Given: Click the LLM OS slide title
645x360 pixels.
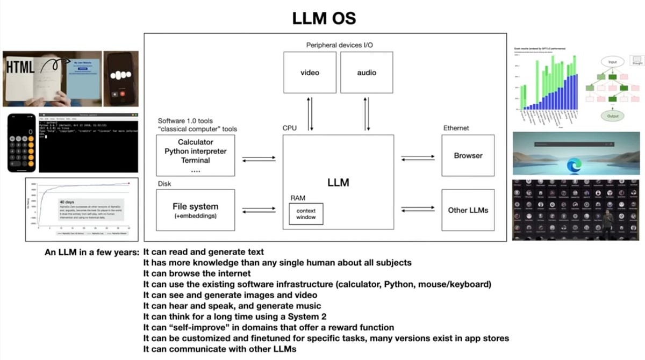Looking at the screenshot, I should pos(324,18).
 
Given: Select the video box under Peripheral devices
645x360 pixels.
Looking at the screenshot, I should pos(310,72).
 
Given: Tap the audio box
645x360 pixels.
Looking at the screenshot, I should pos(367,72).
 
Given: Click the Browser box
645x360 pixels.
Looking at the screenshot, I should pos(468,155).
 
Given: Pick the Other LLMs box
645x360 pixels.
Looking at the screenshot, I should pos(468,210).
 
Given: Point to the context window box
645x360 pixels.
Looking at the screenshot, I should pos(306,214).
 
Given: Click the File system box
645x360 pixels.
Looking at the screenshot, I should pos(196,210).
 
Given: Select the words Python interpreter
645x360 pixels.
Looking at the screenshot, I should pos(196,152).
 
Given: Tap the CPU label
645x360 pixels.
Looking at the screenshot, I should pos(290,128).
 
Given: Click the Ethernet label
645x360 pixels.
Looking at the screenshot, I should pos(456,128).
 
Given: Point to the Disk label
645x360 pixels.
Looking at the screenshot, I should pos(164,183).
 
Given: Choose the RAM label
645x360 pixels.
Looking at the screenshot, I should pos(298,198).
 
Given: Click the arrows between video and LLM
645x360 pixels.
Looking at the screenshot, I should pos(310,113).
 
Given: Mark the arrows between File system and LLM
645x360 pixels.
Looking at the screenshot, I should pos(259,211).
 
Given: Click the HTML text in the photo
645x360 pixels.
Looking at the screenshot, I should pos(21,66).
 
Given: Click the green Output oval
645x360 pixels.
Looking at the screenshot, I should pos(613,116).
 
